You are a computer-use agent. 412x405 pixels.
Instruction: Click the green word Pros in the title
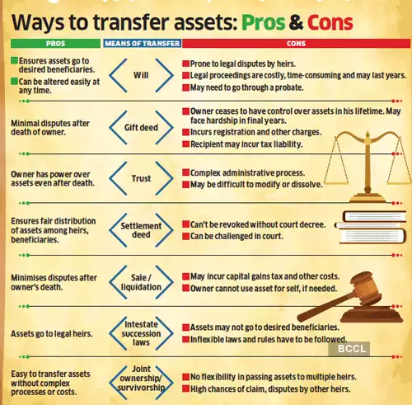click(264, 22)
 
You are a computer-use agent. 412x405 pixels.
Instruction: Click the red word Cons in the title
click(330, 22)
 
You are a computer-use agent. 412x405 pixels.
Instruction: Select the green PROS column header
click(55, 44)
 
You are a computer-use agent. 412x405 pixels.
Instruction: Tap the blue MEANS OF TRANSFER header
click(143, 44)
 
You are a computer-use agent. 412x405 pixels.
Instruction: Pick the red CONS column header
click(296, 44)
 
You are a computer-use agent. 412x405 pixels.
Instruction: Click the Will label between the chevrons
click(141, 75)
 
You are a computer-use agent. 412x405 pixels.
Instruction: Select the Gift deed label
click(141, 128)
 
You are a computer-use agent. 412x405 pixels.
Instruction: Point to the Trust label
click(141, 178)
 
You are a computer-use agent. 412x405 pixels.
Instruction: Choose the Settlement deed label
click(141, 230)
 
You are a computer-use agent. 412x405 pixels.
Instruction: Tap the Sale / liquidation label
click(141, 282)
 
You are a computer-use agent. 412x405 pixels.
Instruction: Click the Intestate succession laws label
click(141, 333)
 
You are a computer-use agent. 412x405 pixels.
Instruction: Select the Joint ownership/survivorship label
click(141, 378)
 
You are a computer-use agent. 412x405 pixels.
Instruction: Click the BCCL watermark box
click(349, 349)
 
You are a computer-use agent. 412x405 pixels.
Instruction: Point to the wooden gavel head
click(364, 289)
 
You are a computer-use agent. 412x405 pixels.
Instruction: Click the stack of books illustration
click(371, 227)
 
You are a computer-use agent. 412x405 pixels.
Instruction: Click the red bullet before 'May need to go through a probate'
click(186, 87)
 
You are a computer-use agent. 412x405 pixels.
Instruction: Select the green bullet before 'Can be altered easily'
click(14, 82)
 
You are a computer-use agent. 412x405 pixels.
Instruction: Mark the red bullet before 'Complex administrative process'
click(186, 172)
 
